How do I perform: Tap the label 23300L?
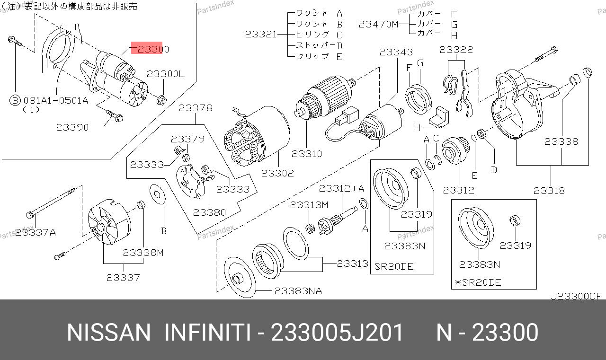coord(166,74)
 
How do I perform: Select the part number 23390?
coord(72,127)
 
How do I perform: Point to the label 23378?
coord(196,108)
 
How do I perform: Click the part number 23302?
coord(277,173)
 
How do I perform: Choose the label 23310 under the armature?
coord(307,154)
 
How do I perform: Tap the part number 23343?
coord(396,52)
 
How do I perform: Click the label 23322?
coord(456,50)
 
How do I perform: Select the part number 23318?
coord(549,191)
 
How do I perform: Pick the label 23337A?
coord(36,232)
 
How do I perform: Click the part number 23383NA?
coord(298,291)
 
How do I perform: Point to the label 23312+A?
coord(341,188)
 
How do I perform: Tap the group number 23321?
coord(261,35)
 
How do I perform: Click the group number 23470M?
coord(378,24)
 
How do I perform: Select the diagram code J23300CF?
coord(576,296)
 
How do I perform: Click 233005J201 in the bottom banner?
coord(337,332)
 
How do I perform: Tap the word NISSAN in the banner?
coord(108,332)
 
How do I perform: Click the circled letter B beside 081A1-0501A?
coord(15,101)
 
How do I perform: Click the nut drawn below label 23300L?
coord(161,100)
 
